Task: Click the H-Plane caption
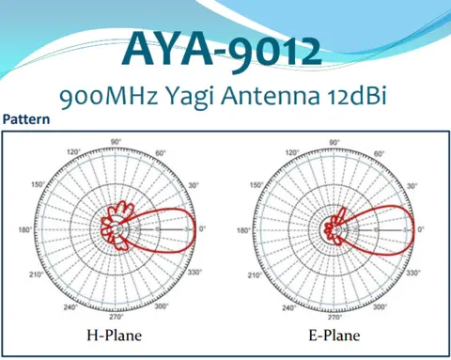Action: coord(116,334)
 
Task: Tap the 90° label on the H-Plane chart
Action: coord(116,142)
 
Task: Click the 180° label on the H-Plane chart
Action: coord(24,229)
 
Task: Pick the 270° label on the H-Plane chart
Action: coord(116,317)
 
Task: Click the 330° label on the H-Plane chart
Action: coord(194,274)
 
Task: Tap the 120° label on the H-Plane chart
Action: coord(71,152)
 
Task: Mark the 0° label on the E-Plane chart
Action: coord(421,229)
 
